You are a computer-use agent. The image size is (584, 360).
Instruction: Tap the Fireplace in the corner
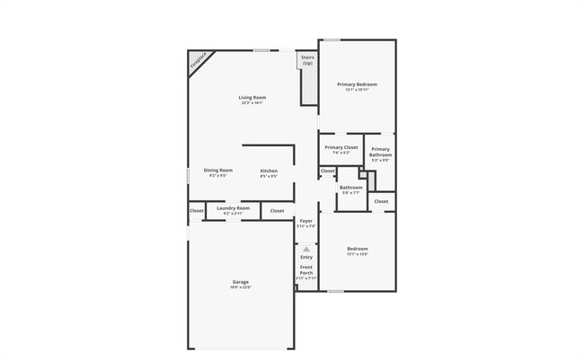[198, 60]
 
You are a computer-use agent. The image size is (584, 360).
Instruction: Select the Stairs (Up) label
[307, 61]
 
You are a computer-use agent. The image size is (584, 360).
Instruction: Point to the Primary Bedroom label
[357, 85]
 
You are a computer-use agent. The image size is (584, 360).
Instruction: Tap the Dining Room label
[217, 171]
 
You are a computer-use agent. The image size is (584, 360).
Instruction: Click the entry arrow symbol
[305, 249]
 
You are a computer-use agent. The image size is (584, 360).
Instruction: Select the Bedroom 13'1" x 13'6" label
[357, 250]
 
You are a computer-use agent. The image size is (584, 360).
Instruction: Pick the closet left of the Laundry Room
[197, 211]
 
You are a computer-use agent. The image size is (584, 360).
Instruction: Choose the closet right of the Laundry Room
[277, 211]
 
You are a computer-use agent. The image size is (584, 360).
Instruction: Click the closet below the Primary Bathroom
[381, 201]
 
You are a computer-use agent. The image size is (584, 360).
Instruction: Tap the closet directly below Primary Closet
[327, 171]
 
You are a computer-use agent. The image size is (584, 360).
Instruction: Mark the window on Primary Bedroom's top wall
[332, 40]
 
